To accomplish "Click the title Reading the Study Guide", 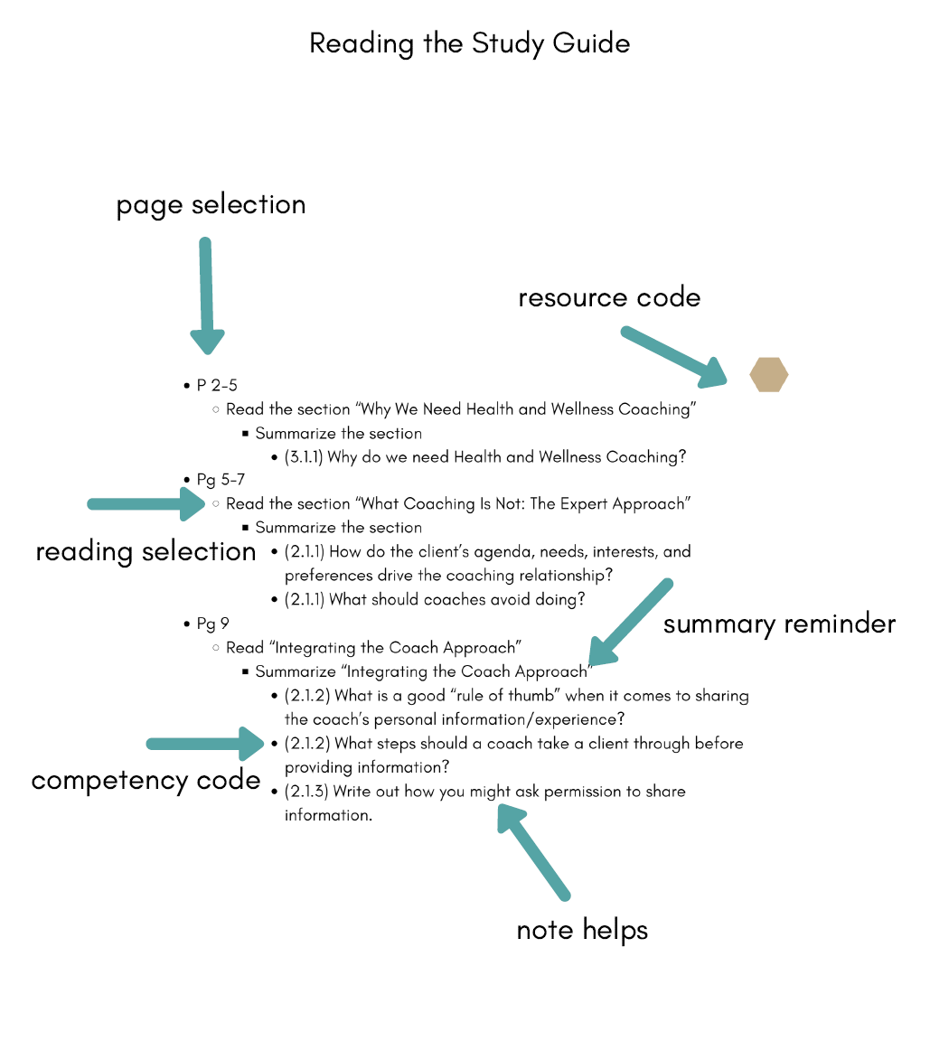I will (x=469, y=43).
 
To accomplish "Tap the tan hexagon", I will (x=769, y=374).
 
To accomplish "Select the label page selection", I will (x=211, y=205).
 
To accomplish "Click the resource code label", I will (x=609, y=298).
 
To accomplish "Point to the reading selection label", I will (x=146, y=551).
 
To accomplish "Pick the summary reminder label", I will (x=779, y=624).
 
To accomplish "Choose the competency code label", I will (x=146, y=780).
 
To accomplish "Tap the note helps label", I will (x=582, y=930).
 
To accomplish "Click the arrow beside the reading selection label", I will (x=149, y=504).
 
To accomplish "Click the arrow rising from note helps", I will (x=533, y=849).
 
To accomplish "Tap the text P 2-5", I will (x=217, y=386).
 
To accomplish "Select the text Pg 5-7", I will (x=220, y=480).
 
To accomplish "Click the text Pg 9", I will (x=212, y=624).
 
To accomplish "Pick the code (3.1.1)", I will (x=304, y=457).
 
